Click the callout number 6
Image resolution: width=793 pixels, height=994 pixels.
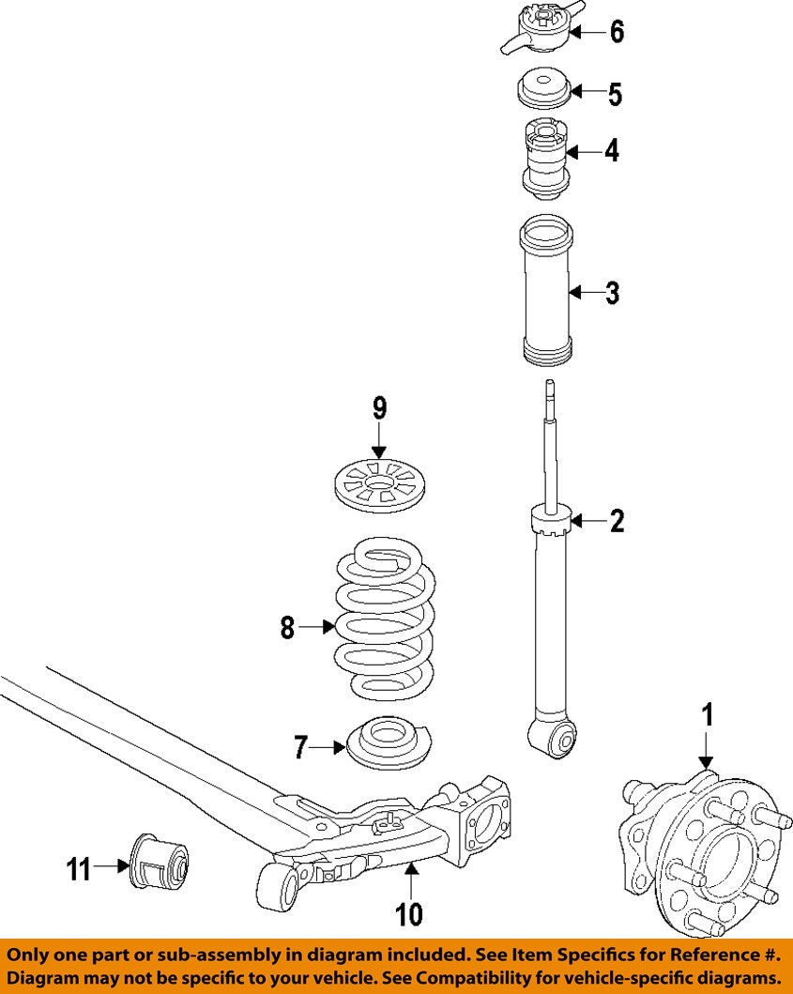click(617, 32)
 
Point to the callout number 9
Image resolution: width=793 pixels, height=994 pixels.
click(379, 408)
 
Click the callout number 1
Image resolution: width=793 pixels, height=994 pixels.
click(709, 715)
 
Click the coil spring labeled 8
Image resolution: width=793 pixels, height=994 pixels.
click(385, 624)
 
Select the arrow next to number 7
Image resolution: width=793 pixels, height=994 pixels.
click(328, 747)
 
